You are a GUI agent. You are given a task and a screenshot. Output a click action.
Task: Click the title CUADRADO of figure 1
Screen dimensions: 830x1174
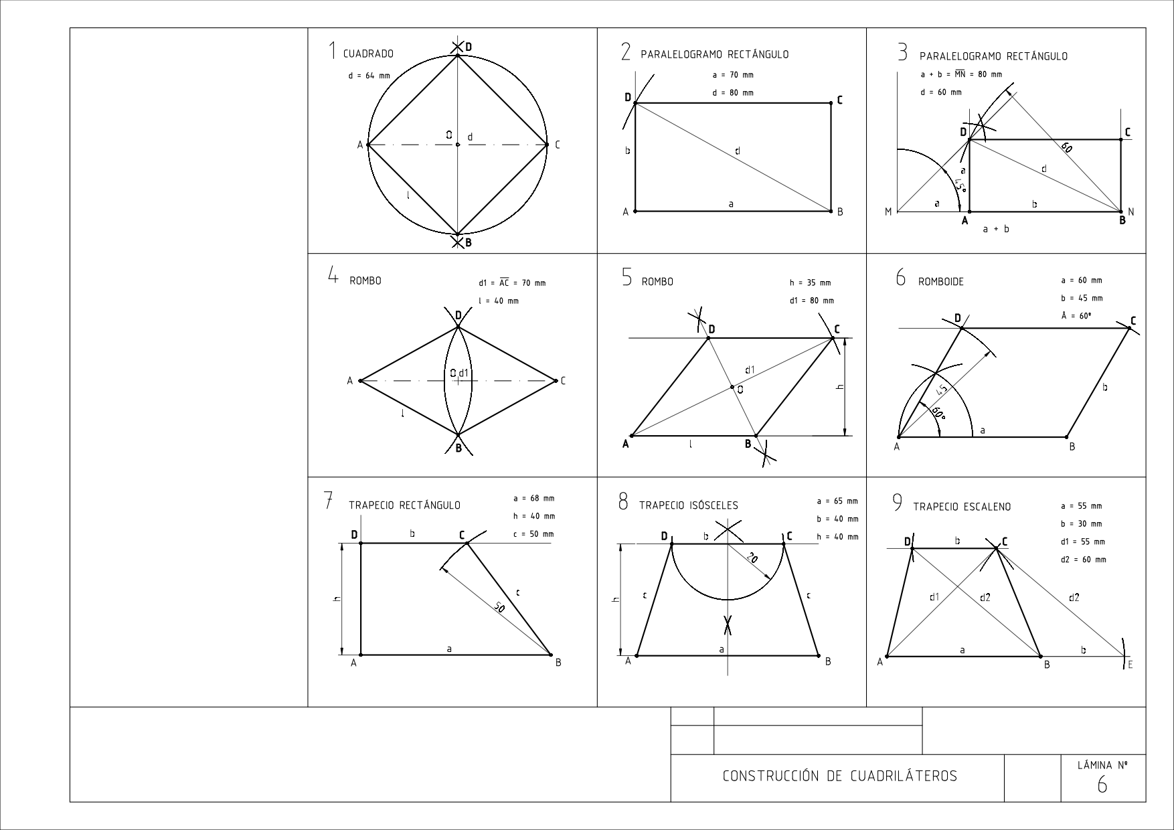tap(368, 54)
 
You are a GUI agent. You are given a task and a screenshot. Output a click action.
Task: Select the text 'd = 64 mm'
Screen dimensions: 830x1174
tap(369, 76)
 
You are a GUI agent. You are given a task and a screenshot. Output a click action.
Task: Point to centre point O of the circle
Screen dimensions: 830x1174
tap(457, 145)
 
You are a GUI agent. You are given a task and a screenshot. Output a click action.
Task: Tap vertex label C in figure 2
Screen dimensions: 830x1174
tap(840, 100)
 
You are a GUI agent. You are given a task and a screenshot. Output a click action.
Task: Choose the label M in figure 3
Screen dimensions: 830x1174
tap(888, 212)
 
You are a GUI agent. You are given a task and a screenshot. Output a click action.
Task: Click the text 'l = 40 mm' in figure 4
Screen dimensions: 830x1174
tap(499, 301)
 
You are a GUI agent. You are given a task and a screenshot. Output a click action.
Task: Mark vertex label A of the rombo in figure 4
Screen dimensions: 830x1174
tap(349, 381)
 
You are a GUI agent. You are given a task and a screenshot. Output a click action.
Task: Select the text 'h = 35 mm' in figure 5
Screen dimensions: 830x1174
tap(810, 282)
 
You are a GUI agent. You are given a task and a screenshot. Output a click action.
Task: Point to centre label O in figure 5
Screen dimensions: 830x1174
tap(740, 390)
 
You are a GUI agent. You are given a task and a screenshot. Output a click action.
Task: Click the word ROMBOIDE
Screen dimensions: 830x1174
tap(940, 282)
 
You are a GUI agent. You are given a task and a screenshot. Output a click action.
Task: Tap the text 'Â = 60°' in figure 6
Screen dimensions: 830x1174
tap(1076, 316)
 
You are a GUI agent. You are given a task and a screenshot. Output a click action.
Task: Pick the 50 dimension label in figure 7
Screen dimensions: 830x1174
tap(499, 607)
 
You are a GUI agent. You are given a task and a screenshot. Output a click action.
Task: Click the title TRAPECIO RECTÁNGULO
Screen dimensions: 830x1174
tap(404, 505)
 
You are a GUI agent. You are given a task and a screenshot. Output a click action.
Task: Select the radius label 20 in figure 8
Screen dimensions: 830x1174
tap(752, 558)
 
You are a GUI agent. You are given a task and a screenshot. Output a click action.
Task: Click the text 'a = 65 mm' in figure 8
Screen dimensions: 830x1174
tap(837, 501)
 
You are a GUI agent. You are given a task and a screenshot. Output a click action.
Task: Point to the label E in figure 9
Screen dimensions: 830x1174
tap(1130, 665)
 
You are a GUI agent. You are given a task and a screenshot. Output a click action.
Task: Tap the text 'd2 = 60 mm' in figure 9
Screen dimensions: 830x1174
tap(1084, 560)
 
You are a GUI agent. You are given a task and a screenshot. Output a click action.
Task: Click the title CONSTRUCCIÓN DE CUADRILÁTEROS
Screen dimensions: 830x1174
tap(840, 776)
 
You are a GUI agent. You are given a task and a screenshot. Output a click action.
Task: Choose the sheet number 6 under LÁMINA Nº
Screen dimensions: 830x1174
tap(1102, 785)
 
